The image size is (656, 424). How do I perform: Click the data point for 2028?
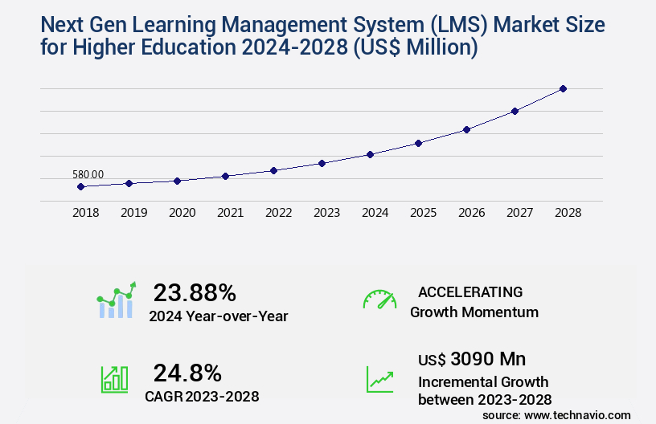pos(563,88)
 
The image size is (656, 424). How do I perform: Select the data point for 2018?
pos(80,187)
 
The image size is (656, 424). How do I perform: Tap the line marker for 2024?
pos(370,154)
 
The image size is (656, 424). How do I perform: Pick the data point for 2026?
pos(466,129)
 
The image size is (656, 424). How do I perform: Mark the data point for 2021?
pos(225,176)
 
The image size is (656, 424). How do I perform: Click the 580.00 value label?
pos(88,174)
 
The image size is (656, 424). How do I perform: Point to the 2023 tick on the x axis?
pos(326,213)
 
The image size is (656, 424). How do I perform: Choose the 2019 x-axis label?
pos(133,213)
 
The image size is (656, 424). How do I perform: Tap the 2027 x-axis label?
pos(519,213)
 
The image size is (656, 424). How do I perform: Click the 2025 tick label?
pos(423,213)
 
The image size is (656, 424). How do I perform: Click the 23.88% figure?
pos(195,292)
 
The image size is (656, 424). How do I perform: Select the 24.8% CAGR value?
pos(187,373)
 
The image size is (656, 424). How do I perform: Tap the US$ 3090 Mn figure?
pos(472,358)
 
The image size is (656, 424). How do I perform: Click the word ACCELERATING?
pos(470,291)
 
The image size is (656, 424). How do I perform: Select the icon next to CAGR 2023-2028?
pos(114,378)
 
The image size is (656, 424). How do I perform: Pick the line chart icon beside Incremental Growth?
pos(379,378)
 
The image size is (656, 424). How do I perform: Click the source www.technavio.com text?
pos(556,414)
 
